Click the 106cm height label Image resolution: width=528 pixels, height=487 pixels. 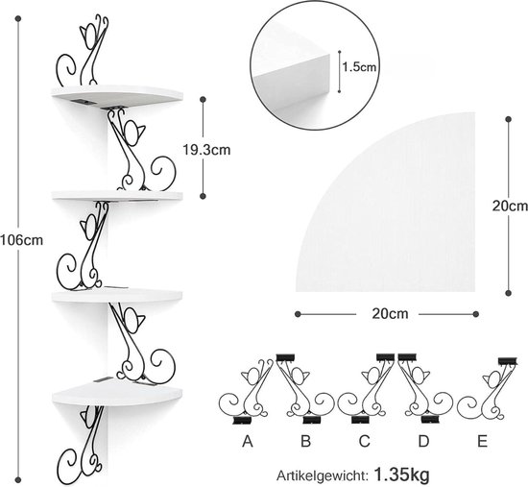(21, 240)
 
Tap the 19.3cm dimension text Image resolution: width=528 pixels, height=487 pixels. (206, 150)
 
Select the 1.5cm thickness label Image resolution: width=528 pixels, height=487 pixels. (359, 67)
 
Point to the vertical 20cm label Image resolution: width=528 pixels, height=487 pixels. (510, 206)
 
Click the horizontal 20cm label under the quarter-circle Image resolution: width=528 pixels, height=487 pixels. (390, 314)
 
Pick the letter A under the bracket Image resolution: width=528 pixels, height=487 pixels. (247, 441)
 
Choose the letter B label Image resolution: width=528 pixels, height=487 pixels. (305, 441)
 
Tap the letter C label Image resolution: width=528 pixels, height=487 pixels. (365, 441)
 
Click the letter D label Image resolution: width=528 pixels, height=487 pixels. (423, 441)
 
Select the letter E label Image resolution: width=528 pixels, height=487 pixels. (482, 441)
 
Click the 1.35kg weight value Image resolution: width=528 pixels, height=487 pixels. (401, 475)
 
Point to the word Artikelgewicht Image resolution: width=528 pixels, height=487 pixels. (322, 475)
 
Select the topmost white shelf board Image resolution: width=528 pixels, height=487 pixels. (117, 96)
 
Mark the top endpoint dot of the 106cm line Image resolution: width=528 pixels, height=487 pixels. (18, 18)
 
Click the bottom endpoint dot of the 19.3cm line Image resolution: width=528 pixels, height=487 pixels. (203, 196)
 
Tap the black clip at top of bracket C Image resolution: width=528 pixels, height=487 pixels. (385, 357)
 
